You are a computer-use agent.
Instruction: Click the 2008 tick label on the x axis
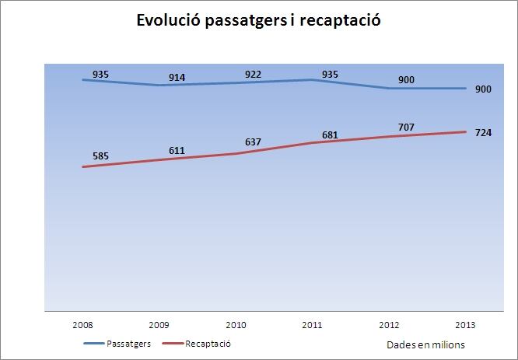click(x=83, y=324)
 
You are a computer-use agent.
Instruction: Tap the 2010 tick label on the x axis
click(x=236, y=324)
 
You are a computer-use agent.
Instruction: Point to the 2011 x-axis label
click(x=312, y=324)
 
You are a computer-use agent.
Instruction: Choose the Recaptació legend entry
click(x=198, y=342)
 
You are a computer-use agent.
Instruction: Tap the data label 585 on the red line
click(x=101, y=156)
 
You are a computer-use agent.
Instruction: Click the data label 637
click(x=253, y=142)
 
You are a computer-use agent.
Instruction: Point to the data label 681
click(x=329, y=132)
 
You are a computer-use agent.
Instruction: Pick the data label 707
click(x=405, y=127)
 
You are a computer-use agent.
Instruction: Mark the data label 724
click(x=483, y=133)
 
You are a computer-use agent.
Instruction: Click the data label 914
click(x=177, y=78)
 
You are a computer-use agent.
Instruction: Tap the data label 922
click(x=253, y=75)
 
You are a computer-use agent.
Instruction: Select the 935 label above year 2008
click(x=101, y=74)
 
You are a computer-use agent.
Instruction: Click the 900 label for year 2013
click(x=483, y=89)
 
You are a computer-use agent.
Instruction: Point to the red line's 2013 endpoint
click(x=466, y=131)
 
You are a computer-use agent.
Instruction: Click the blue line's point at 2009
click(x=159, y=85)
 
